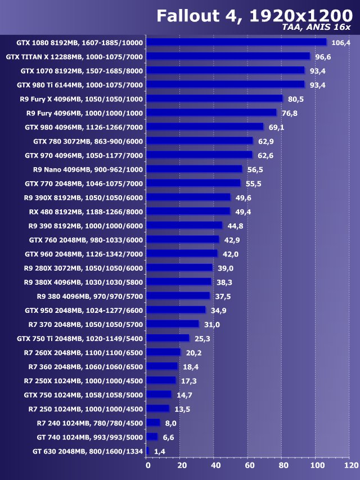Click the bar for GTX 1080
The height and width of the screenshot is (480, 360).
tap(236, 42)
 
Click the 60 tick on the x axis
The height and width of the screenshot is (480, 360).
tap(249, 465)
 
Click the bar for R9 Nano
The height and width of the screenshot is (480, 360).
tap(194, 169)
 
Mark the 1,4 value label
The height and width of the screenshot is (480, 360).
tap(160, 451)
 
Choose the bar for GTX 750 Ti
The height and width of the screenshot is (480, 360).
tap(168, 338)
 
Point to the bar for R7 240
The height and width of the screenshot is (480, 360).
tap(153, 423)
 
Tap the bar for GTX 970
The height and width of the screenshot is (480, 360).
tap(199, 155)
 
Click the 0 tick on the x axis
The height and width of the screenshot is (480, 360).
tap(148, 465)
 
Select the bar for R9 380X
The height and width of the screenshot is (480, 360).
tap(179, 281)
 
